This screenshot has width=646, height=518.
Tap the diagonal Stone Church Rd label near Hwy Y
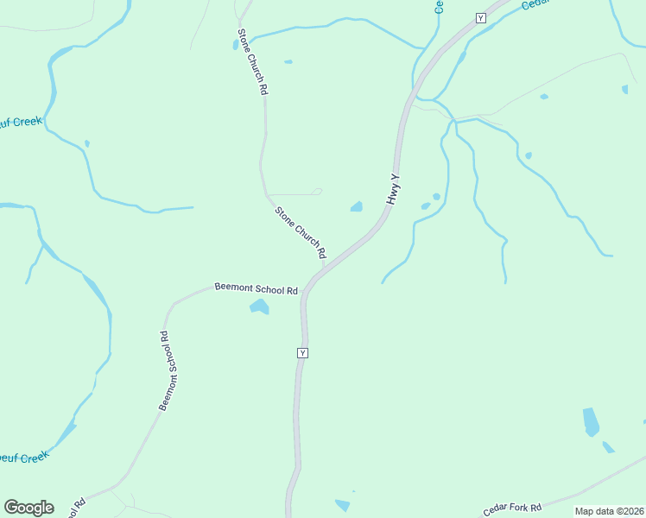tap(300, 231)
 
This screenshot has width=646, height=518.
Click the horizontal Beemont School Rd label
tap(256, 289)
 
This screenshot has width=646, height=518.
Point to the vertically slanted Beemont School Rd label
tap(168, 370)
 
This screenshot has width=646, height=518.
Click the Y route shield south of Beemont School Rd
tap(302, 353)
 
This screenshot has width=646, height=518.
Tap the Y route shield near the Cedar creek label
tap(481, 17)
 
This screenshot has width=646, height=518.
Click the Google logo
tap(28, 508)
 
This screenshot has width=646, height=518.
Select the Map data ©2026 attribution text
tap(609, 511)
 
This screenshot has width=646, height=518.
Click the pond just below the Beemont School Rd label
tap(258, 306)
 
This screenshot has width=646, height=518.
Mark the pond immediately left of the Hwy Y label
tap(356, 206)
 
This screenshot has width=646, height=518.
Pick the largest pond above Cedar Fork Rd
tap(591, 421)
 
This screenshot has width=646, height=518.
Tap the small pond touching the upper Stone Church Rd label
tap(236, 45)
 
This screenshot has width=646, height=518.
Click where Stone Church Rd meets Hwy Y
tap(324, 267)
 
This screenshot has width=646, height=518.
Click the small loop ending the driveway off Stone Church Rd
tap(317, 192)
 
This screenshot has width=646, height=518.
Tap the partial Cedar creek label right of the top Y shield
tap(535, 4)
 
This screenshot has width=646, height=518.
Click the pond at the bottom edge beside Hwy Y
tap(343, 505)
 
